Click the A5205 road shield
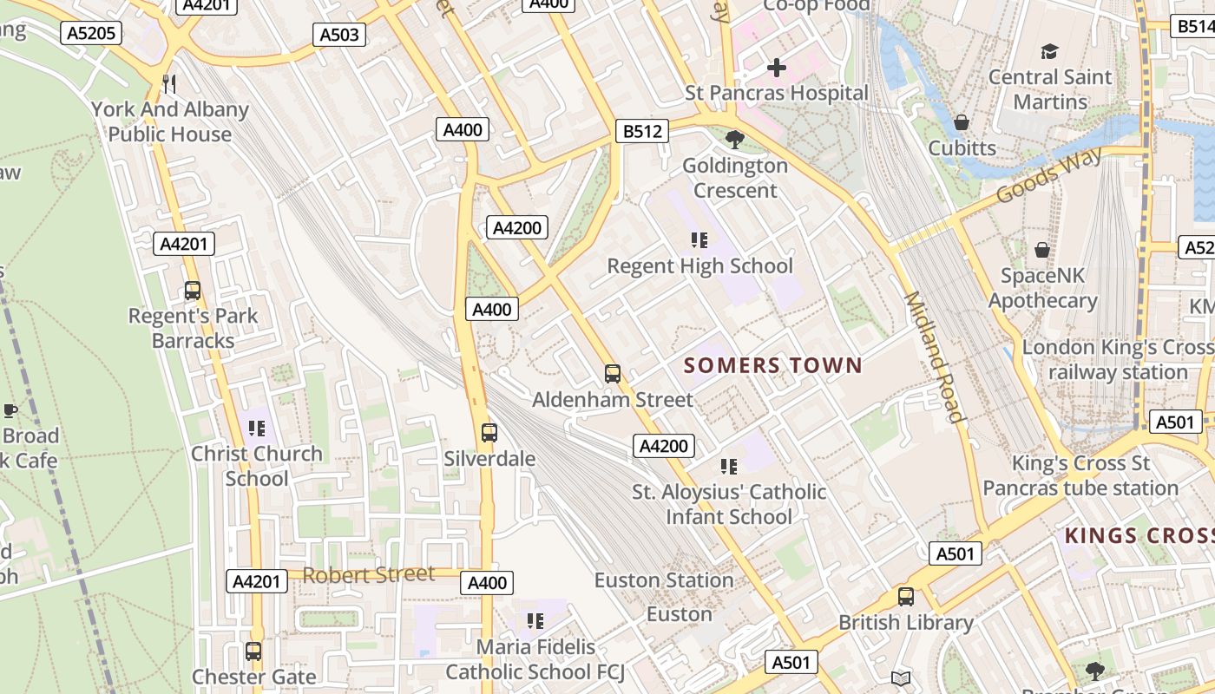[91, 34]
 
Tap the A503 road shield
[338, 35]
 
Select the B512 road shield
[642, 132]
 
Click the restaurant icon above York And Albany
[170, 84]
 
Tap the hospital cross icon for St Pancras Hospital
[777, 68]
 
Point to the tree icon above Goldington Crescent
[735, 139]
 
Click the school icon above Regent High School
[699, 239]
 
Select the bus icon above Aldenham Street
[613, 374]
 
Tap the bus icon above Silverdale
[489, 432]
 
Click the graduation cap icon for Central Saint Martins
[1049, 52]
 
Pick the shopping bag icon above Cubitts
[962, 122]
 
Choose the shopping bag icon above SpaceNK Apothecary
[1042, 250]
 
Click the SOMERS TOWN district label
[773, 365]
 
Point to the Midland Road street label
[935, 357]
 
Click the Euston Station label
[664, 580]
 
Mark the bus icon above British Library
[906, 597]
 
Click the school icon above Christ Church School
[256, 428]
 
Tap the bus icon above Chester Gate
[253, 651]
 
